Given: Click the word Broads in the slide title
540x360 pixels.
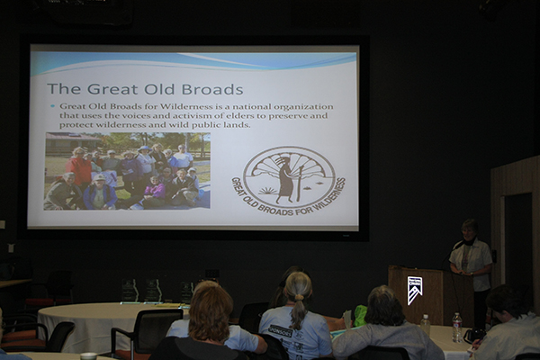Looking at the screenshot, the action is (x=212, y=89).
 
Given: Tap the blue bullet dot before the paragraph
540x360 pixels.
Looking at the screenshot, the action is (x=53, y=106).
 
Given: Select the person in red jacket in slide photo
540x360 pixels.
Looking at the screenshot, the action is (x=79, y=167).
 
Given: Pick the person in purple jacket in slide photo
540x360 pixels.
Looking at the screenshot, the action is (x=154, y=189).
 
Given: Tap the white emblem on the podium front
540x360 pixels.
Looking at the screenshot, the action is (x=414, y=290).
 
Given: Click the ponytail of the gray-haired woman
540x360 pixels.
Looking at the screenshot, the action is (x=298, y=310).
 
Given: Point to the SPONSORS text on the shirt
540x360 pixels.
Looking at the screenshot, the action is (x=281, y=331).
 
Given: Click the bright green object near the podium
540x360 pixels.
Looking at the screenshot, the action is (x=360, y=316).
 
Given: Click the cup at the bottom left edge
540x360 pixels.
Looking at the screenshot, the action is (x=88, y=355).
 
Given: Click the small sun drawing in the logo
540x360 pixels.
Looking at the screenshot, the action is (x=266, y=190).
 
